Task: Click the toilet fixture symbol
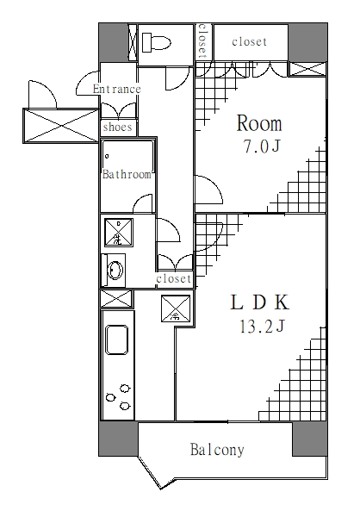click(x=156, y=42)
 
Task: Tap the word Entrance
click(x=117, y=89)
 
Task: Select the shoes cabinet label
click(x=117, y=127)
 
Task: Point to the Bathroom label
click(x=127, y=174)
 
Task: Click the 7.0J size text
click(x=262, y=146)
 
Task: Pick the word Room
click(x=259, y=123)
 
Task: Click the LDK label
click(x=260, y=302)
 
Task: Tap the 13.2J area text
click(x=262, y=327)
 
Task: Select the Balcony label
click(x=217, y=450)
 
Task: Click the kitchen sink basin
click(x=116, y=339)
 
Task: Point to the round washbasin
click(x=115, y=271)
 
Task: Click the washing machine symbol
click(x=119, y=233)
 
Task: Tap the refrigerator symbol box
click(x=176, y=308)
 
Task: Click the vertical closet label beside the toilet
click(x=202, y=41)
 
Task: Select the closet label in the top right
click(x=249, y=42)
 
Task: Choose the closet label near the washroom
click(x=174, y=278)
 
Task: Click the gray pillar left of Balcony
click(x=118, y=439)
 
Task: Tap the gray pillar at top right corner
click(x=307, y=42)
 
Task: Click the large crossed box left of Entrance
click(x=61, y=126)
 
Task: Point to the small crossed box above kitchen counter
click(x=116, y=298)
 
